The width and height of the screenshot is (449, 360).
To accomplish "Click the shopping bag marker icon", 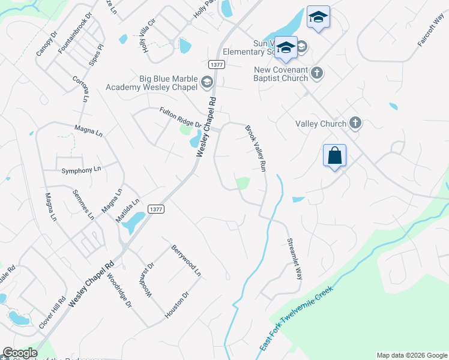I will click(x=334, y=155).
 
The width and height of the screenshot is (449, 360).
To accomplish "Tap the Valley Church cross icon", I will click(x=355, y=124).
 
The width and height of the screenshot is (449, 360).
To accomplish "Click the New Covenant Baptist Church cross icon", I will click(x=317, y=73).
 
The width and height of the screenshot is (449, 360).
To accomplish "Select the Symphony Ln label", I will click(x=81, y=170).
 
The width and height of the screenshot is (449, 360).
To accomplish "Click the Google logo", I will click(x=19, y=353).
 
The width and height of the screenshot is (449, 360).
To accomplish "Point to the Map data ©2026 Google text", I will click(x=411, y=355).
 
